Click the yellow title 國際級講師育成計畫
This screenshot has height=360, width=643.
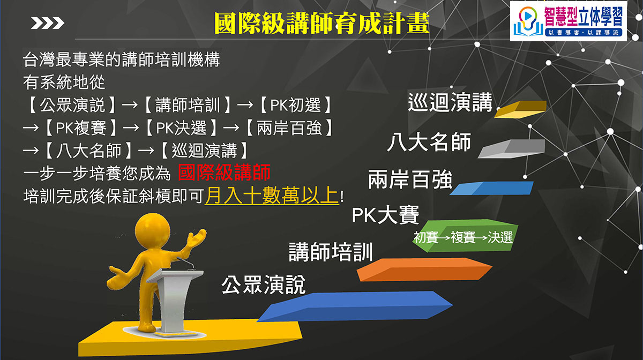coord(322,23)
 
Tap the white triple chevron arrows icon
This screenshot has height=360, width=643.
coord(48,23)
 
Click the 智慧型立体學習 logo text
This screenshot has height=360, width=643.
coord(584,17)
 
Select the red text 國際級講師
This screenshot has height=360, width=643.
coord(224,172)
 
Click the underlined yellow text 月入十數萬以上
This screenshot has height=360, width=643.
coord(272,196)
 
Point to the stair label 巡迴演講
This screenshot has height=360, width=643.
coord(450,102)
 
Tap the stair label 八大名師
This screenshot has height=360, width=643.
coord(429,142)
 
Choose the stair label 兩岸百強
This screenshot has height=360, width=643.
coord(410,179)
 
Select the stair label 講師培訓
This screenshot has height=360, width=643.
coord(331,252)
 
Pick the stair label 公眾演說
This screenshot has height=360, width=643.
coord(263,284)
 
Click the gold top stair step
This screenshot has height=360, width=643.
coord(520,109)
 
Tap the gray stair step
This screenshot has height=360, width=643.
coord(512,149)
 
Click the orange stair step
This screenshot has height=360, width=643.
coord(424,269)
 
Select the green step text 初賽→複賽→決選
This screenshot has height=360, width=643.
coord(463,237)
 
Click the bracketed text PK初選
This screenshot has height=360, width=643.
coord(296,105)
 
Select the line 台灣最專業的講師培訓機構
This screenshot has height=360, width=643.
coord(122,59)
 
